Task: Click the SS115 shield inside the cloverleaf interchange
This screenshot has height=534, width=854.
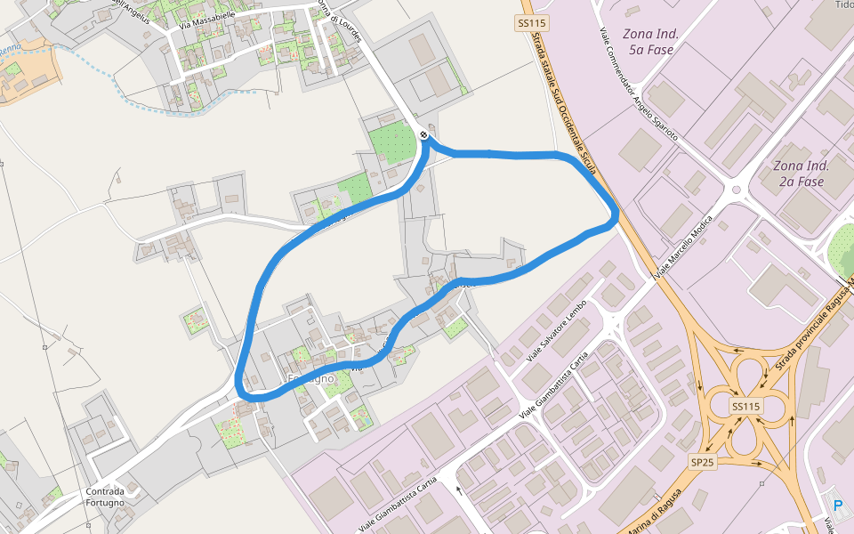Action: point(745,406)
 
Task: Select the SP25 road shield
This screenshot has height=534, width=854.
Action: point(702,461)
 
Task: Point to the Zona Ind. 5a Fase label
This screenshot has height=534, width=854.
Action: point(650,42)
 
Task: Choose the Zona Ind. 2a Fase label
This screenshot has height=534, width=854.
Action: point(801,174)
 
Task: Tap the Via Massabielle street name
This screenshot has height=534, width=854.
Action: point(206,19)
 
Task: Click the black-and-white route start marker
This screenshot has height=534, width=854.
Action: point(423,135)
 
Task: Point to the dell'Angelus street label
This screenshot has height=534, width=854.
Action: point(129,6)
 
